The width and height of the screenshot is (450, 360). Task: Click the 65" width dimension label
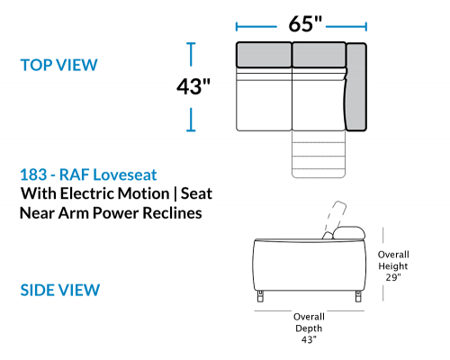305,24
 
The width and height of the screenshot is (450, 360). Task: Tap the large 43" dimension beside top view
193,86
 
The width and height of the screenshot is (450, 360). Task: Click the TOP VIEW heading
58,65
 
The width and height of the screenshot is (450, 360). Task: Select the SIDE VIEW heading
60,290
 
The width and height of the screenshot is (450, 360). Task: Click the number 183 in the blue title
33,175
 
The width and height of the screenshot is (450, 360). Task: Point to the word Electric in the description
114,193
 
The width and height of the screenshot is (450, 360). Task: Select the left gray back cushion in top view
264,55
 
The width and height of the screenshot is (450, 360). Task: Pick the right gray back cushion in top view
319,55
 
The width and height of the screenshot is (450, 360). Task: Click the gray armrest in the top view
356,86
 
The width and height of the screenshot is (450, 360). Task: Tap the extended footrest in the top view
319,154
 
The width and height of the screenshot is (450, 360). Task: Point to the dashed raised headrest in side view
335,219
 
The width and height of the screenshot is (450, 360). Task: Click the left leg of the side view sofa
260,296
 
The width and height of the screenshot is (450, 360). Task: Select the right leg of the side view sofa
358,296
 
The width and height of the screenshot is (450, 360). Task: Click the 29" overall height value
393,277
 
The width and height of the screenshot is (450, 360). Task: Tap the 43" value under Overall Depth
309,339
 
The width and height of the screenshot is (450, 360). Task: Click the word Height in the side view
393,266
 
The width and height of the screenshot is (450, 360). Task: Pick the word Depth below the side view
309,328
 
